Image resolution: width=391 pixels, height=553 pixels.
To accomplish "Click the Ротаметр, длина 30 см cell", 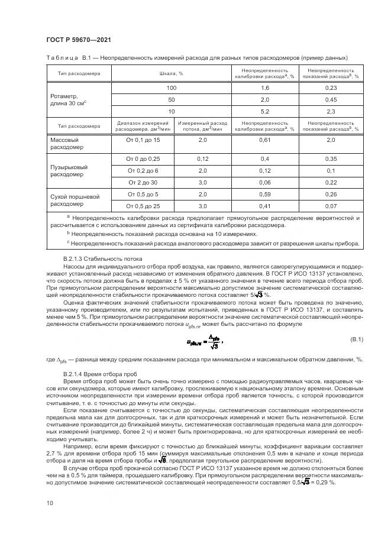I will [x=69, y=100].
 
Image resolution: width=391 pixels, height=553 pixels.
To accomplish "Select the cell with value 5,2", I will [x=265, y=111].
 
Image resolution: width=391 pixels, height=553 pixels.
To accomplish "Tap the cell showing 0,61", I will [x=265, y=140].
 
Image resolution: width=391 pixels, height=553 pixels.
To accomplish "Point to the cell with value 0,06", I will [x=265, y=182].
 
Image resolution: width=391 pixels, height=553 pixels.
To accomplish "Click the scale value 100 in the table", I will [x=171, y=88].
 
